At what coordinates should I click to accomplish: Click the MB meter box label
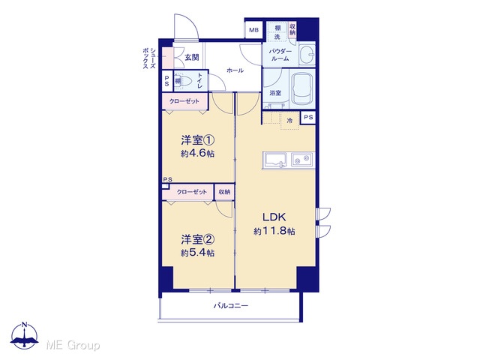click(253, 30)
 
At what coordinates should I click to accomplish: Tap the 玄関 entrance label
click(192, 57)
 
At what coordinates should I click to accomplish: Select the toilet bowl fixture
click(186, 81)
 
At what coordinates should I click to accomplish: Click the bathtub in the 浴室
click(301, 88)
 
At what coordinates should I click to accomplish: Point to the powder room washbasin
click(307, 55)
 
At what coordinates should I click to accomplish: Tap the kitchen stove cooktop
click(301, 160)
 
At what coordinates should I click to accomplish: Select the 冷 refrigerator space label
click(289, 121)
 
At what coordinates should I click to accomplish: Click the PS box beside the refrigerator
click(308, 117)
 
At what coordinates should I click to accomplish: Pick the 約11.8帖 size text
click(274, 231)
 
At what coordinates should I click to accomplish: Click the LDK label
click(274, 217)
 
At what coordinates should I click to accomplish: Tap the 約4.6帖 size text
click(197, 153)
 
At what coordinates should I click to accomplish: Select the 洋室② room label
click(197, 240)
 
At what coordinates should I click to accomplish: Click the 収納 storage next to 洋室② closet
click(224, 192)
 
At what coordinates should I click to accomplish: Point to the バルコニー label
click(231, 305)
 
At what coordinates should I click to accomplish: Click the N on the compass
click(25, 325)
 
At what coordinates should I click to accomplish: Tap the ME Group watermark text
click(73, 345)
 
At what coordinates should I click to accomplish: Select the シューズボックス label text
click(149, 58)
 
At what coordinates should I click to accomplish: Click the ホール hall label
click(235, 70)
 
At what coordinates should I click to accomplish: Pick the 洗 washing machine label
click(277, 37)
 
